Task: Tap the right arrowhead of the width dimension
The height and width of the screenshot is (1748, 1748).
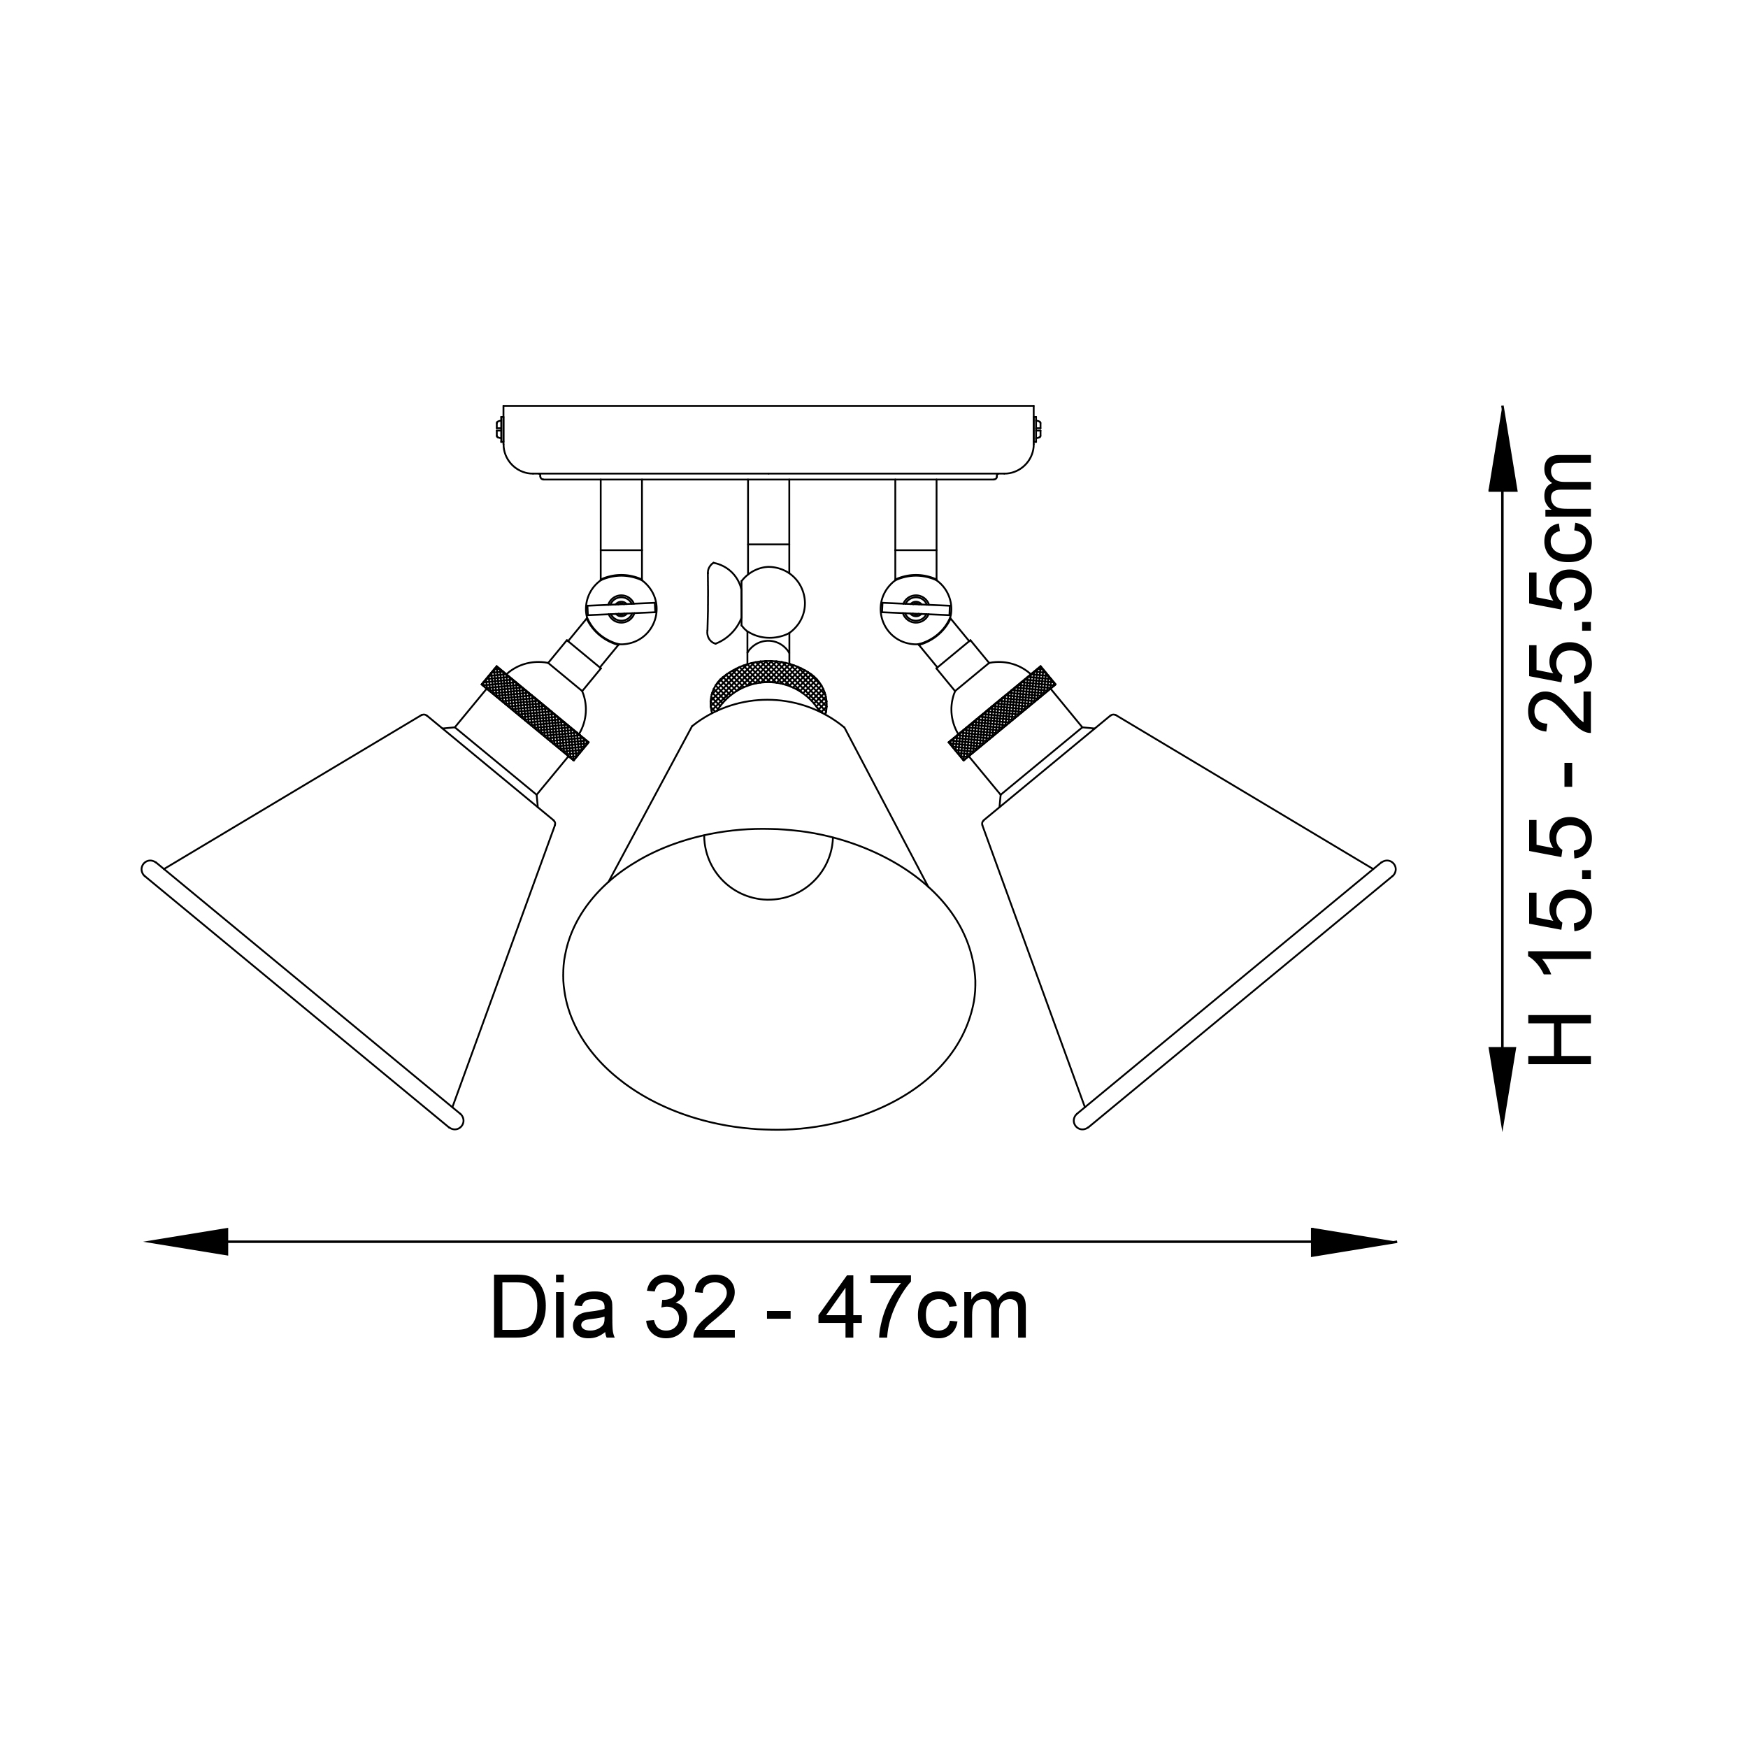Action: pyautogui.click(x=1354, y=1241)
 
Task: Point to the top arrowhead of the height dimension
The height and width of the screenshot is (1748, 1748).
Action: pyautogui.click(x=1503, y=449)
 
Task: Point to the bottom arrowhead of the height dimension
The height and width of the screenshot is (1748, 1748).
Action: pyautogui.click(x=1503, y=1089)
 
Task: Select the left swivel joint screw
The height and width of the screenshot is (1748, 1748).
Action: pyautogui.click(x=621, y=610)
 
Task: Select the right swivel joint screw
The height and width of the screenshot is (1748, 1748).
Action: pyautogui.click(x=916, y=610)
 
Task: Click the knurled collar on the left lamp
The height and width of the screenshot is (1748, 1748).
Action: pyautogui.click(x=536, y=714)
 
